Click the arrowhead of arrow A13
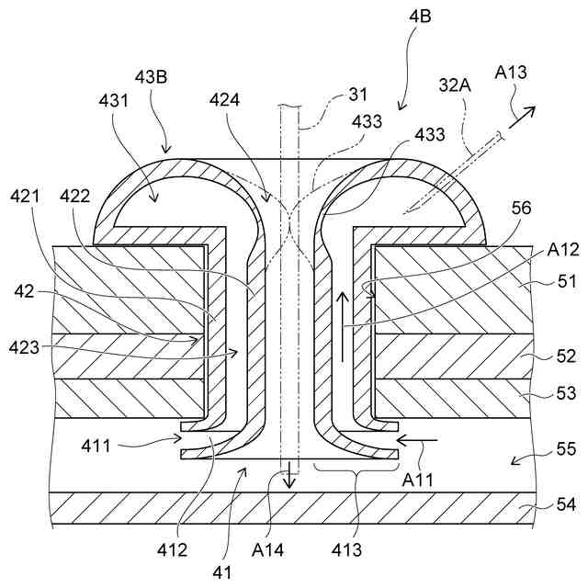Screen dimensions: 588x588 (x=532, y=108)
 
